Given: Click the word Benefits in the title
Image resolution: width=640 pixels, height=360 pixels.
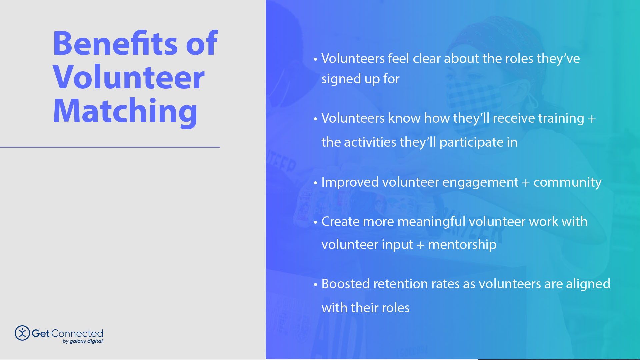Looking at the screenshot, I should click(x=115, y=44).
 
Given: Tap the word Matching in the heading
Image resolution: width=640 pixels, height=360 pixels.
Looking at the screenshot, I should click(x=125, y=111).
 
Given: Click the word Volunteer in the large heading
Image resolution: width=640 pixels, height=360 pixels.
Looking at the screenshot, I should click(x=128, y=77).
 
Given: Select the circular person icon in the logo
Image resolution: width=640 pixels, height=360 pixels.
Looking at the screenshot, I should click(x=22, y=333).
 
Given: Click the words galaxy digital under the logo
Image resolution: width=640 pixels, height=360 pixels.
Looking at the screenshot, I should click(x=86, y=341).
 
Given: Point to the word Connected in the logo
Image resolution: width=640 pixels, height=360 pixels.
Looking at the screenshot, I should click(x=77, y=333).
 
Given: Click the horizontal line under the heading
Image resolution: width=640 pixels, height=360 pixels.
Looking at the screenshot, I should click(x=110, y=147).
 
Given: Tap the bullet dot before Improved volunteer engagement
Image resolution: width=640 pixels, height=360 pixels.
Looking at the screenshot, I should click(x=315, y=183).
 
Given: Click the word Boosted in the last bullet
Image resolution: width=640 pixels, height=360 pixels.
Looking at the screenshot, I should click(x=345, y=284).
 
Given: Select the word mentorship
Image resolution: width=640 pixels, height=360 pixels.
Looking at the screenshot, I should click(x=462, y=245).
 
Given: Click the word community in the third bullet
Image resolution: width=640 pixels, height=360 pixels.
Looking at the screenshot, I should click(x=567, y=182).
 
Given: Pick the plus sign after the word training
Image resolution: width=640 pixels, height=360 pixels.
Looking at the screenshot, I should click(x=592, y=119).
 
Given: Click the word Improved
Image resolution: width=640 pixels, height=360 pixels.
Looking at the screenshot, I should click(x=350, y=182).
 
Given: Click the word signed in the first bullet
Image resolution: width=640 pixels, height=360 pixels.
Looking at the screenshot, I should click(x=341, y=79).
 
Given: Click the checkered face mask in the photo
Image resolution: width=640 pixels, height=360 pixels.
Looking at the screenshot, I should click(x=477, y=100).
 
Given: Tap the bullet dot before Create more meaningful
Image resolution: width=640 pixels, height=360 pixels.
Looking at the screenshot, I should click(x=315, y=222).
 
